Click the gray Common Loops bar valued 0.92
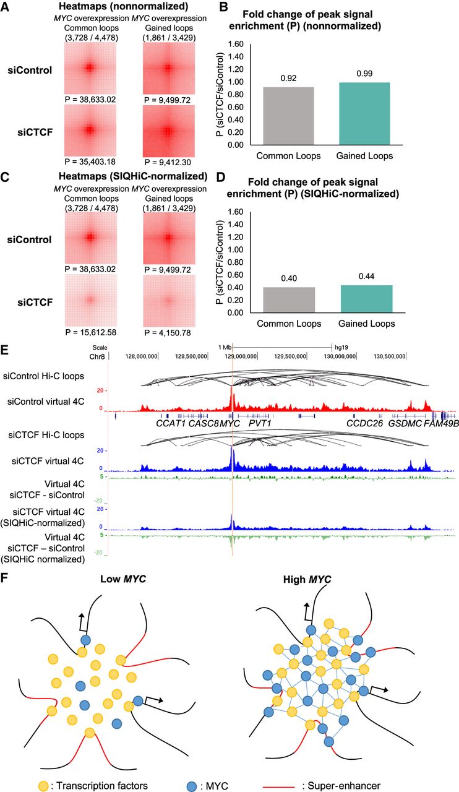click(288, 116)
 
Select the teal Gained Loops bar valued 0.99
click(364, 113)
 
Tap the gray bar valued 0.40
click(289, 300)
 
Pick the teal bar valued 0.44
click(366, 299)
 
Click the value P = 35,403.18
click(90, 162)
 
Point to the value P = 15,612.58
click(90, 332)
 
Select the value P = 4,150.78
click(168, 333)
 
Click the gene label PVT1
click(260, 423)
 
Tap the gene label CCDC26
click(364, 423)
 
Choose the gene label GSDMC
click(405, 423)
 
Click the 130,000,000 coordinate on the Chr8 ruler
click(340, 356)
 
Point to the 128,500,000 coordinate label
click(191, 356)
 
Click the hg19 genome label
click(341, 347)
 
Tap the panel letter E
click(4, 350)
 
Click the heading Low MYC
click(123, 579)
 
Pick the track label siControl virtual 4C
click(46, 402)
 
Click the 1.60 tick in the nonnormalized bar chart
click(236, 44)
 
